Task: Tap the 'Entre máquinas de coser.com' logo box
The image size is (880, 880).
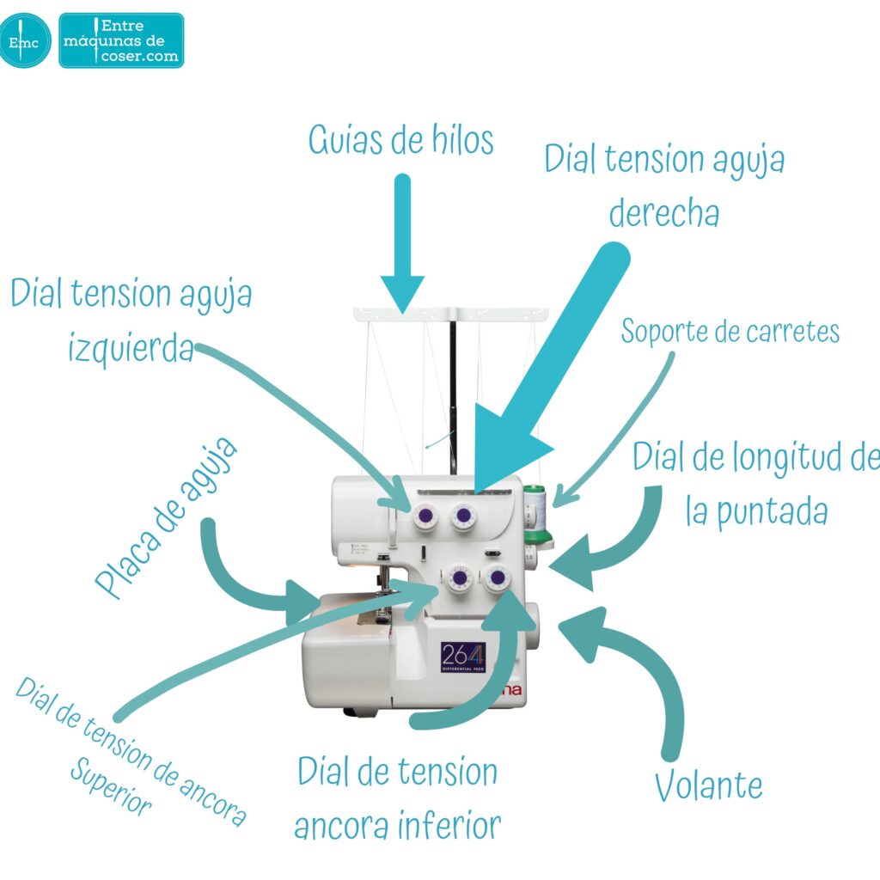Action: pos(121,40)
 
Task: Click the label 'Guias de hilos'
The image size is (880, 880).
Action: pos(401,140)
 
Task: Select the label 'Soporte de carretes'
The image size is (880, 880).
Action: pos(730,332)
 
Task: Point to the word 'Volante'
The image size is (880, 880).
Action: pos(708,785)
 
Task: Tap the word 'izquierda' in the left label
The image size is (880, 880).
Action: pos(131,347)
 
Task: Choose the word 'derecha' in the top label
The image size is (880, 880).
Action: pos(663,211)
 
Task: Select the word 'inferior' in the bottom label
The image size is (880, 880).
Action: pos(449,826)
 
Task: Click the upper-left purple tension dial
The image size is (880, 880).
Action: pos(423,516)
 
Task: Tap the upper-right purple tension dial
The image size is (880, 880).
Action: pos(464,516)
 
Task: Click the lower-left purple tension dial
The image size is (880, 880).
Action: pos(458,579)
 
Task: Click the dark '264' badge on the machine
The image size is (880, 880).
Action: pos(464,657)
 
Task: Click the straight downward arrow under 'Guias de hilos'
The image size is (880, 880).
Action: pos(402,245)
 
